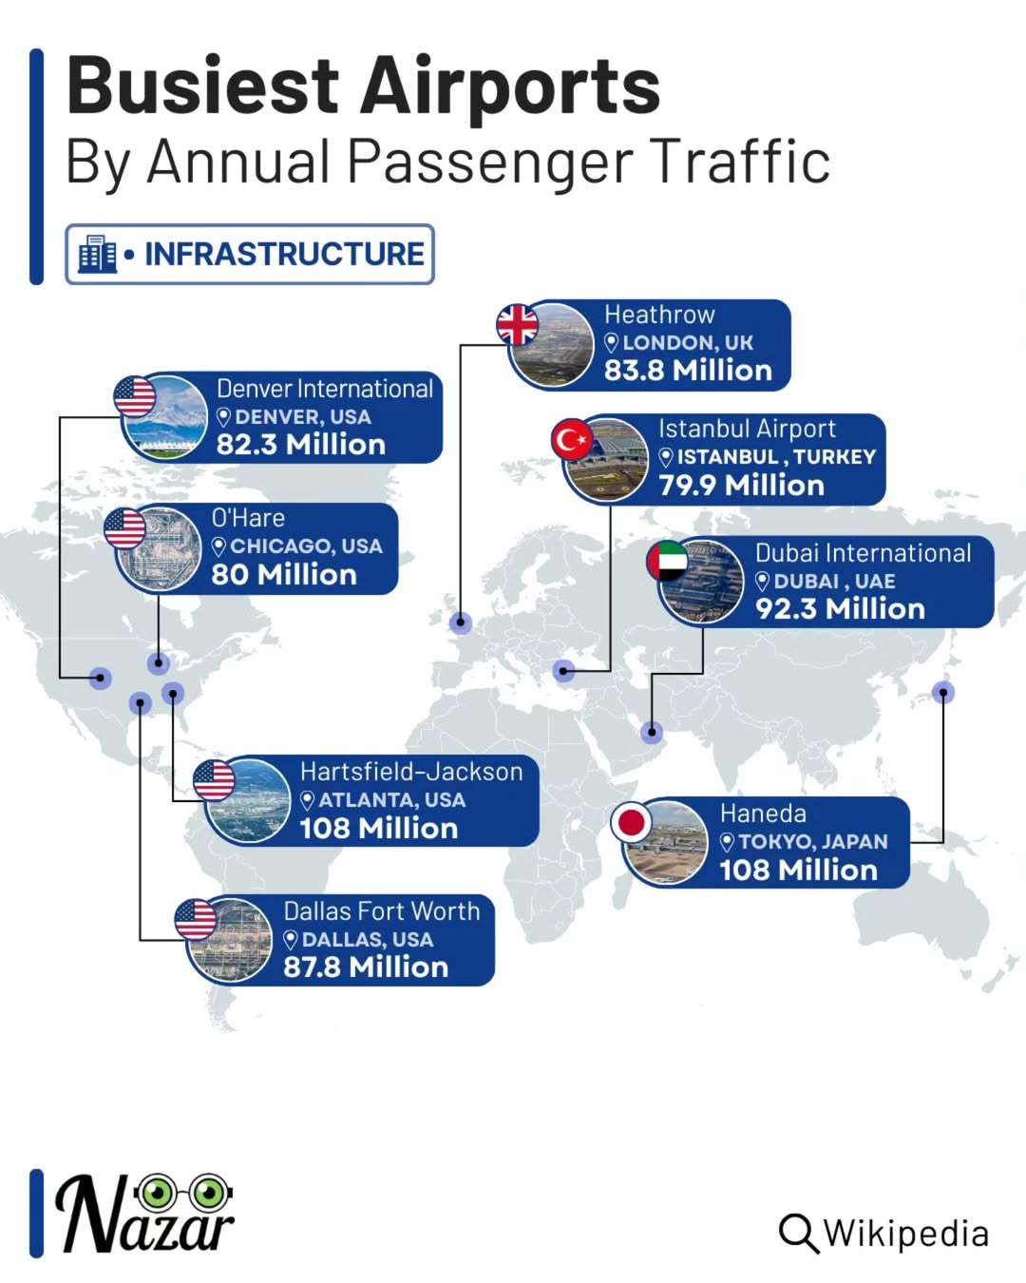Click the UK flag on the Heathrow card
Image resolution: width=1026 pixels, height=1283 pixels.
[x=518, y=325]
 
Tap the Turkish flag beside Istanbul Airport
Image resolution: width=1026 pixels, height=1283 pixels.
[x=572, y=440]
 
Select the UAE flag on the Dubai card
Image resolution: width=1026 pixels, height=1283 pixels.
[x=667, y=562]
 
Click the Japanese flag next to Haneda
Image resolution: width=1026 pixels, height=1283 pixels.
[x=632, y=822]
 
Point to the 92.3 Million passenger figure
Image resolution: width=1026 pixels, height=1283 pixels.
[x=840, y=609]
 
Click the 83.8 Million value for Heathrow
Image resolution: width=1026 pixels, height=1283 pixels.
[x=688, y=371]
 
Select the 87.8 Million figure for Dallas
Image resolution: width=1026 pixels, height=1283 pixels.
[x=366, y=967]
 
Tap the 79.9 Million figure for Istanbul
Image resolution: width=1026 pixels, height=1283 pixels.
[x=741, y=486]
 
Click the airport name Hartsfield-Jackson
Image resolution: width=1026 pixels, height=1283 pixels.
[x=411, y=772]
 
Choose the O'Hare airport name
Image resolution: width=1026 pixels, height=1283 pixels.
[x=248, y=518]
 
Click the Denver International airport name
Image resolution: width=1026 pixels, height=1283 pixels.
[x=324, y=389]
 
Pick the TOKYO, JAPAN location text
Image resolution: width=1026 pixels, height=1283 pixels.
[x=812, y=842]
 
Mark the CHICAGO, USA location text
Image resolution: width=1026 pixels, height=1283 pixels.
[x=305, y=546]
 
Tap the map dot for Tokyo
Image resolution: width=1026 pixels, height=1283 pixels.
[x=942, y=692]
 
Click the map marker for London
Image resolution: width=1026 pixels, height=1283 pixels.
[x=461, y=622]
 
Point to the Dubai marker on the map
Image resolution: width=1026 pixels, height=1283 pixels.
[x=652, y=732]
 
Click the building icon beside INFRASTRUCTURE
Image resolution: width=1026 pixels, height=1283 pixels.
[x=97, y=254]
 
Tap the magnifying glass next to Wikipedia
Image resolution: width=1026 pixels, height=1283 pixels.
[x=798, y=1234]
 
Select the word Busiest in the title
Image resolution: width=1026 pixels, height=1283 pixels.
[x=201, y=86]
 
